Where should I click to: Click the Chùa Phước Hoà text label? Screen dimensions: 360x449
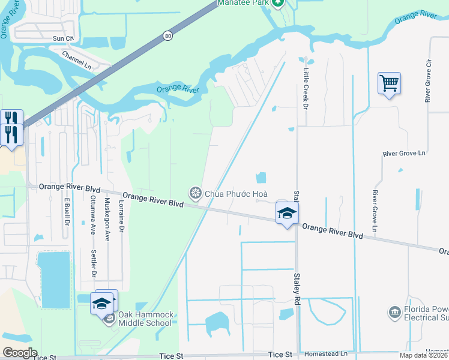click(x=236, y=193)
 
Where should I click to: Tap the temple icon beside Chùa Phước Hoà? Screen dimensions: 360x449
click(x=195, y=193)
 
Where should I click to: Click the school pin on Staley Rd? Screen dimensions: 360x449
click(x=287, y=213)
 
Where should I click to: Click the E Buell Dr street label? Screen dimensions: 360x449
click(x=65, y=210)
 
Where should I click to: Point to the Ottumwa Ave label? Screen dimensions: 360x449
click(x=92, y=217)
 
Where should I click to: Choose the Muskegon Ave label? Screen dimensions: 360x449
click(x=107, y=219)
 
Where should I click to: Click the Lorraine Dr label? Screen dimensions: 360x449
click(x=121, y=216)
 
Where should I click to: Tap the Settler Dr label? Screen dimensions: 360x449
click(x=94, y=263)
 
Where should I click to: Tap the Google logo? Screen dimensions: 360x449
click(x=20, y=353)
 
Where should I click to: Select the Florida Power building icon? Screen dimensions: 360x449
click(x=394, y=312)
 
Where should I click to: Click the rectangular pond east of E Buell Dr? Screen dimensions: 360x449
click(x=54, y=279)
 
